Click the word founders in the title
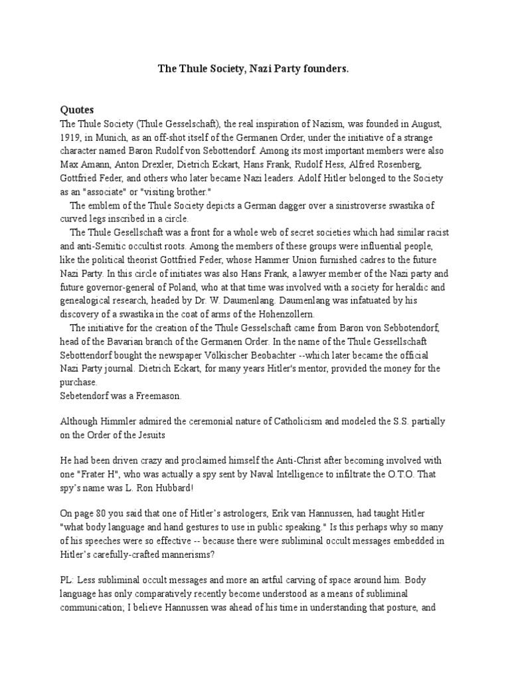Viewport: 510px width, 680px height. (325, 68)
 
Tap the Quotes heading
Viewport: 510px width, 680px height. (77, 109)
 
